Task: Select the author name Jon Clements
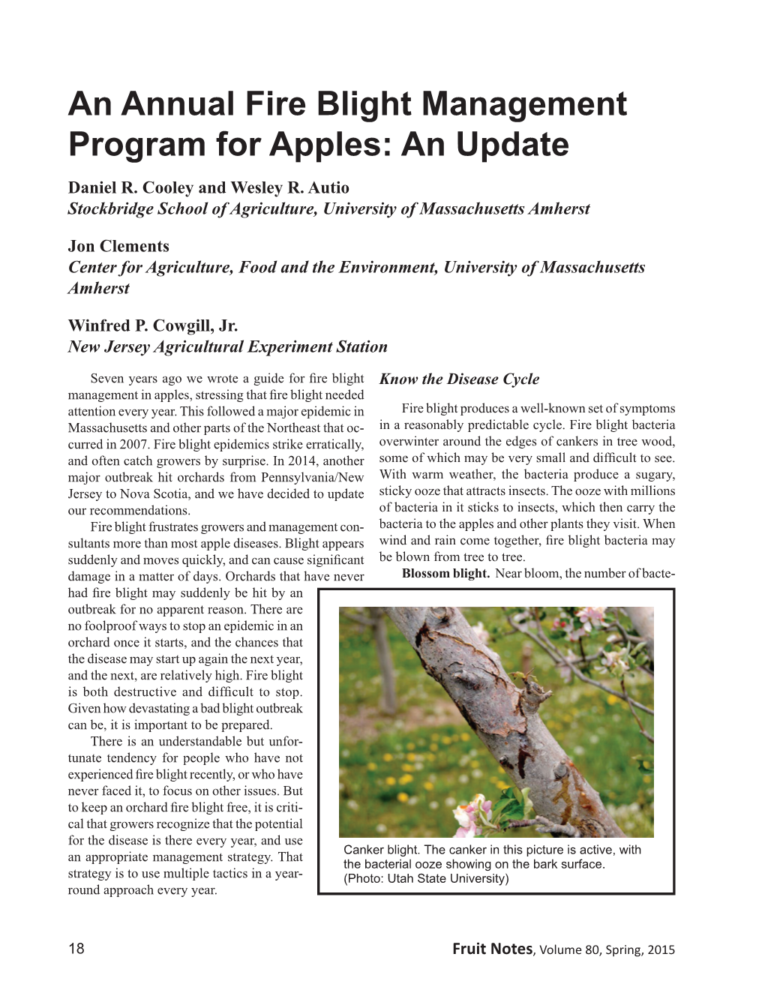coord(118,246)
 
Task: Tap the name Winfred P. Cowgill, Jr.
coord(153,325)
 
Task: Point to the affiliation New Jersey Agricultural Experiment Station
coord(227,346)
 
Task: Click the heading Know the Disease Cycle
coord(459,379)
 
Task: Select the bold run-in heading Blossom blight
coord(445,574)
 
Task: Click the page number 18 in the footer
coord(76,949)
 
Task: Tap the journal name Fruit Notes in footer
coord(491,949)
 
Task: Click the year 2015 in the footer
coord(661,950)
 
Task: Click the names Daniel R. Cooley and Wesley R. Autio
coord(208,187)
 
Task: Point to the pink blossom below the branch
coord(469,814)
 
